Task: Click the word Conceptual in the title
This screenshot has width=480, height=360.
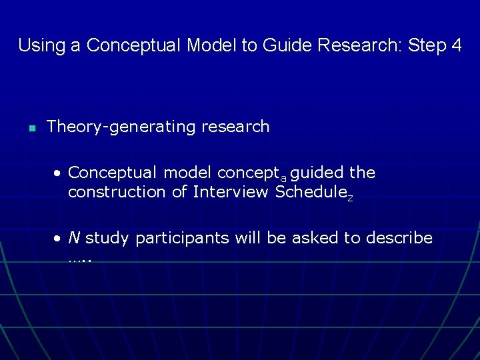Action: coord(134,45)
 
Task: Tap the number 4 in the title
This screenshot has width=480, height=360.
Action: coord(456,45)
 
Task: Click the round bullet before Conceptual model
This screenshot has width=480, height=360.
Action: coord(59,173)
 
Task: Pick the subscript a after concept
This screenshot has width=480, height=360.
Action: coord(283,178)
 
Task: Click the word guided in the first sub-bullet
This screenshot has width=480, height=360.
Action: coord(317,173)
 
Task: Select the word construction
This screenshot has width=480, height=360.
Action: coord(113,193)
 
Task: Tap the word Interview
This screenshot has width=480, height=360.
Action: coord(229,193)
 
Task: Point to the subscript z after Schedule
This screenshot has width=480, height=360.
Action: coord(350,197)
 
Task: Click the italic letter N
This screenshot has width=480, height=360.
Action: coord(75,238)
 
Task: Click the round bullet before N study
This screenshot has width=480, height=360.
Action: coord(59,239)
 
